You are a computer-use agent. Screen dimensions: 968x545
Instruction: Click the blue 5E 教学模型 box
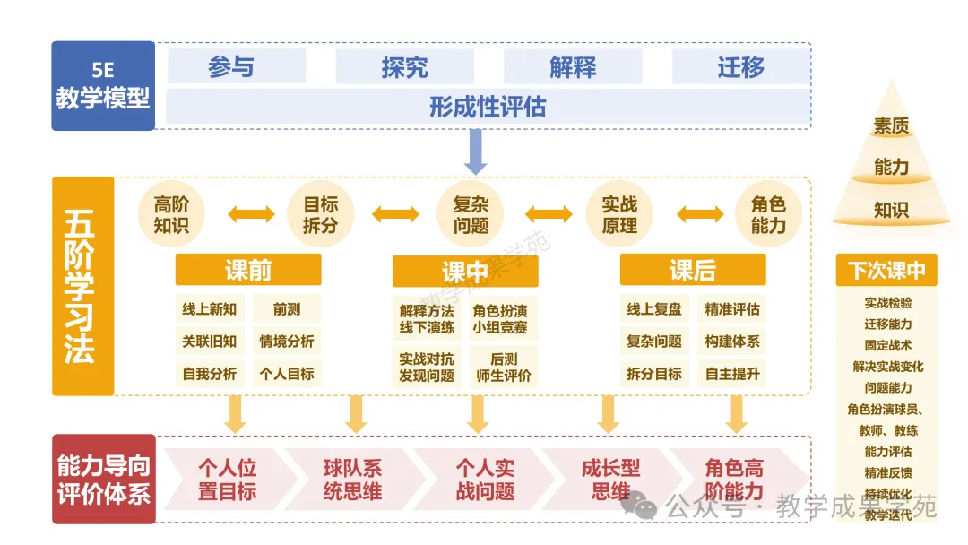pyautogui.click(x=103, y=86)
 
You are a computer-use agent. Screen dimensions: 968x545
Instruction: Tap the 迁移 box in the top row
pyautogui.click(x=741, y=66)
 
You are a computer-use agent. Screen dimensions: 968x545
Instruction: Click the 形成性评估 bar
pyautogui.click(x=488, y=107)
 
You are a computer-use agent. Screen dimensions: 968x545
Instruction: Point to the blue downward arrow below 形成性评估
pyautogui.click(x=475, y=151)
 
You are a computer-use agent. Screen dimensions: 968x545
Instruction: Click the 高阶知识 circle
pyautogui.click(x=171, y=214)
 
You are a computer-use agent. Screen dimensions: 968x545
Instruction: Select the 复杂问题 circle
pyautogui.click(x=471, y=214)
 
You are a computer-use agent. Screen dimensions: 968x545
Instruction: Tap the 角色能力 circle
pyautogui.click(x=769, y=214)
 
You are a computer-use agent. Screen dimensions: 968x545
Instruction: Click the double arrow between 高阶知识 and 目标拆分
pyautogui.click(x=251, y=214)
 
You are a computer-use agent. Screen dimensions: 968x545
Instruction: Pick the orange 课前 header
pyautogui.click(x=248, y=270)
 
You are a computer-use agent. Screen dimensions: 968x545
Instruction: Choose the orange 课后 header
pyautogui.click(x=693, y=270)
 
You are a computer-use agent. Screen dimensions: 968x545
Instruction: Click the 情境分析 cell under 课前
pyautogui.click(x=287, y=342)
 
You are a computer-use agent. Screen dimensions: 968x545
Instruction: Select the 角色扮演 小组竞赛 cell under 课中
pyautogui.click(x=500, y=318)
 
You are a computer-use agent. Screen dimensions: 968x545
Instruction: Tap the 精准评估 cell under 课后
pyautogui.click(x=732, y=309)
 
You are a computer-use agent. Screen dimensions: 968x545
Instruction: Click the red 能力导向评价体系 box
pyautogui.click(x=104, y=479)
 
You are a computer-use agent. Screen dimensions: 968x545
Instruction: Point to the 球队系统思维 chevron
pyautogui.click(x=353, y=480)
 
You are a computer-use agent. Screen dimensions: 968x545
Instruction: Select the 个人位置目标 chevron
pyautogui.click(x=227, y=480)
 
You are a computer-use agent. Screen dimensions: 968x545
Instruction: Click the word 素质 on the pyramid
pyautogui.click(x=891, y=125)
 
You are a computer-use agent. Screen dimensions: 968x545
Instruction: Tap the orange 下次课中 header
pyautogui.click(x=886, y=270)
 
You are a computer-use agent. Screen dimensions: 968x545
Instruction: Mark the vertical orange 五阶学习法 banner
pyautogui.click(x=82, y=286)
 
